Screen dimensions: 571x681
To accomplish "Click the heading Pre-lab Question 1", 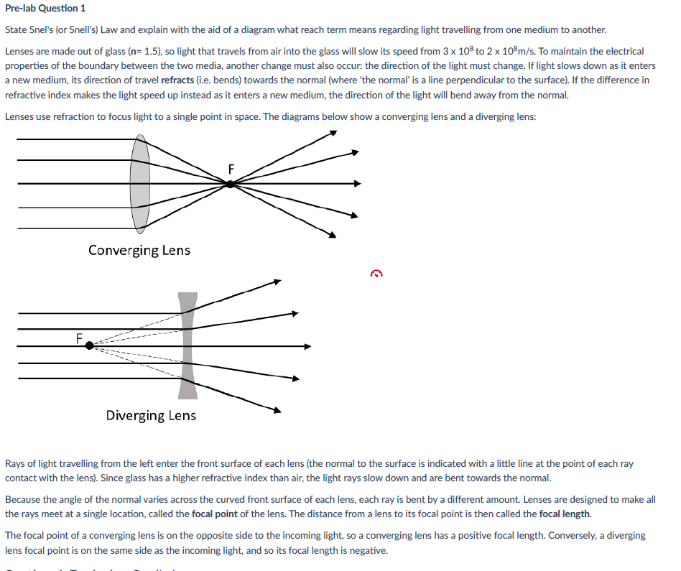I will point(45,9).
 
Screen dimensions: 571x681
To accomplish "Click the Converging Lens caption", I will point(139,250).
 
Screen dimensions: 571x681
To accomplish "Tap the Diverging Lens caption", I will point(151,415).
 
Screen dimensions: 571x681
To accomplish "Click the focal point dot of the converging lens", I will point(229,184).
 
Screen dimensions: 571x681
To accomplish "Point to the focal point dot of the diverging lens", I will point(89,345).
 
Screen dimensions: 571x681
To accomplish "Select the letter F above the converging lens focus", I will point(231,169).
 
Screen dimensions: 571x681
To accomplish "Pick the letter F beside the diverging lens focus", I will point(79,336).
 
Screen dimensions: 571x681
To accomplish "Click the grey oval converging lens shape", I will point(140,183).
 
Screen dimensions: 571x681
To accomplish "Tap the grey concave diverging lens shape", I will point(187,345).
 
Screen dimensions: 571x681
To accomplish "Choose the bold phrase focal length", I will point(565,514).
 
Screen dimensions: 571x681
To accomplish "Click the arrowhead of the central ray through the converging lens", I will point(356,184).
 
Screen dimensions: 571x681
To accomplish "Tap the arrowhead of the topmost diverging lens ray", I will point(277,282).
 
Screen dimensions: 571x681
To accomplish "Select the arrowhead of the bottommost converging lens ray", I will point(332,234).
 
